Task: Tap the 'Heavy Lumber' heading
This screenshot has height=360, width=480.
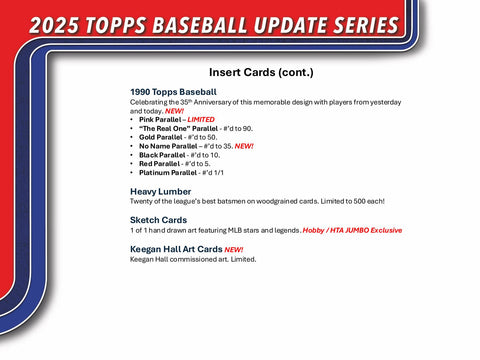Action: [160, 191]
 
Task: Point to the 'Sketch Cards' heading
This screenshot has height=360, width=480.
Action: [159, 220]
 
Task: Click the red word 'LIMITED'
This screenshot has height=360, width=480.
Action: [200, 119]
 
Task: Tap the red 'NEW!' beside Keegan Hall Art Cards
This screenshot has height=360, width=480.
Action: [233, 249]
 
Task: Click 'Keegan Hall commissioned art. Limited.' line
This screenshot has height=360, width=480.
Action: [193, 259]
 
